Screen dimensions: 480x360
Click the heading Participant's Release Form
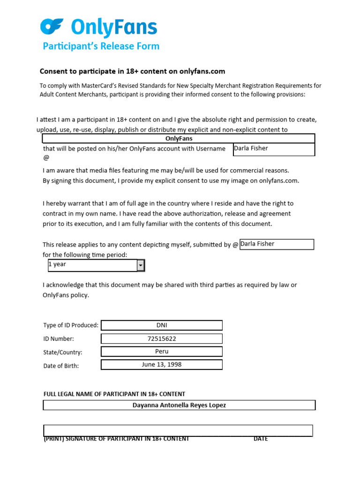click(101, 46)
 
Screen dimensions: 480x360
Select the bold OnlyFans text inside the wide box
click(179, 139)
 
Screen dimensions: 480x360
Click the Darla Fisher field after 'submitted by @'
click(276, 244)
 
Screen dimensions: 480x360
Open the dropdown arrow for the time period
click(141, 265)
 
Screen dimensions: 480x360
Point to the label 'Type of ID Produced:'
click(71, 325)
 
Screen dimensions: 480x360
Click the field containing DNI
click(162, 325)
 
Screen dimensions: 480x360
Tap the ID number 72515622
click(162, 338)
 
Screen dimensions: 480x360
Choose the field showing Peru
click(162, 352)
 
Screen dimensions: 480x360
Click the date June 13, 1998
click(162, 364)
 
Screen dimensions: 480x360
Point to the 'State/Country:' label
click(63, 352)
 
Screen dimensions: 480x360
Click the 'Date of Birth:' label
click(61, 366)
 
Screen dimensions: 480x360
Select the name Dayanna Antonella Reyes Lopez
click(179, 405)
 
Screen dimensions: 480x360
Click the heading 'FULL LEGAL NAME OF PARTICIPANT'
click(114, 394)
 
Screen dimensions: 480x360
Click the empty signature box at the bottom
click(178, 430)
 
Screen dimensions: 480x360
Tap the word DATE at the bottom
click(261, 439)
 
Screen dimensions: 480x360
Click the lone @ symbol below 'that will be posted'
click(45, 158)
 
